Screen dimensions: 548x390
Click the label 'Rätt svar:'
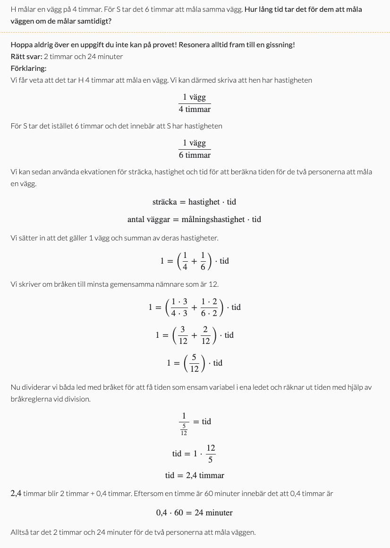pyautogui.click(x=26, y=57)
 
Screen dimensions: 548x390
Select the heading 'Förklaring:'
pyautogui.click(x=28, y=68)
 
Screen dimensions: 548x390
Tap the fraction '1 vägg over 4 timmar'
pyautogui.click(x=195, y=103)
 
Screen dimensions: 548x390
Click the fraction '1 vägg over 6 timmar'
pyautogui.click(x=195, y=149)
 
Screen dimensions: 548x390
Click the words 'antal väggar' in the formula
pyautogui.click(x=148, y=219)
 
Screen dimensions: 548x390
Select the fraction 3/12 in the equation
pyautogui.click(x=183, y=335)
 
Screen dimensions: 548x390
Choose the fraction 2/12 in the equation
pyautogui.click(x=205, y=335)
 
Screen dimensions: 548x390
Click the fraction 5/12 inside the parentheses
pyautogui.click(x=194, y=363)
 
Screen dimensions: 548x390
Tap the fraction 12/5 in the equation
pyautogui.click(x=211, y=453)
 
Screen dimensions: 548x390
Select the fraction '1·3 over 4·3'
pyautogui.click(x=179, y=307)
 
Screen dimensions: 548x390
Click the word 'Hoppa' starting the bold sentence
pyautogui.click(x=22, y=45)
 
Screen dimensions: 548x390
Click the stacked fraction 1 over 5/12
pyautogui.click(x=184, y=423)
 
